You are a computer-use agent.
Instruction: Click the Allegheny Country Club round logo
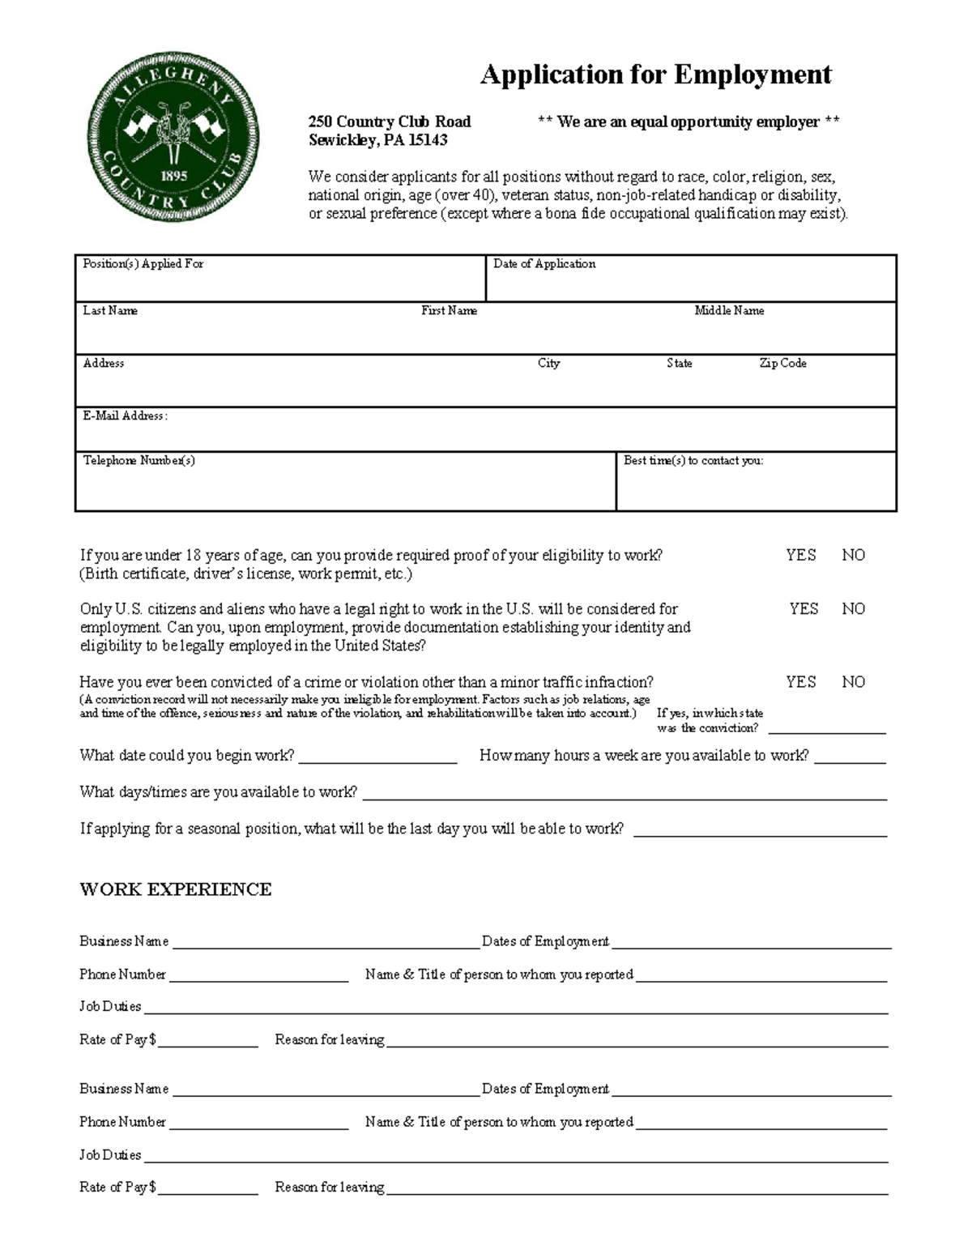point(173,135)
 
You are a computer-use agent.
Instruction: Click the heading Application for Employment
point(655,75)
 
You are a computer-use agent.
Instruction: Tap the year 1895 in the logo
point(174,176)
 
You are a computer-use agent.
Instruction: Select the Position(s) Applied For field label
point(143,264)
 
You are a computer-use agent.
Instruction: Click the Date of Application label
point(544,264)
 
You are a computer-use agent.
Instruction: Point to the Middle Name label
point(729,311)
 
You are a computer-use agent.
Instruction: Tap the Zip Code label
point(782,364)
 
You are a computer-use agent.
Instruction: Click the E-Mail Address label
point(125,416)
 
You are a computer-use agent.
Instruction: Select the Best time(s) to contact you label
point(693,461)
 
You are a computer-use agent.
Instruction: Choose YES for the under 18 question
point(800,556)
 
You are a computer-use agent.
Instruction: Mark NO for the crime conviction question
point(853,682)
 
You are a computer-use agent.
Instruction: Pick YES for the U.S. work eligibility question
point(804,609)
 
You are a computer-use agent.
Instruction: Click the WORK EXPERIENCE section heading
point(176,889)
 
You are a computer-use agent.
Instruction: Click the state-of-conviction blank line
point(826,730)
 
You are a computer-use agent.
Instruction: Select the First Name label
point(449,311)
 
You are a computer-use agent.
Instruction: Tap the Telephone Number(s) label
point(139,461)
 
